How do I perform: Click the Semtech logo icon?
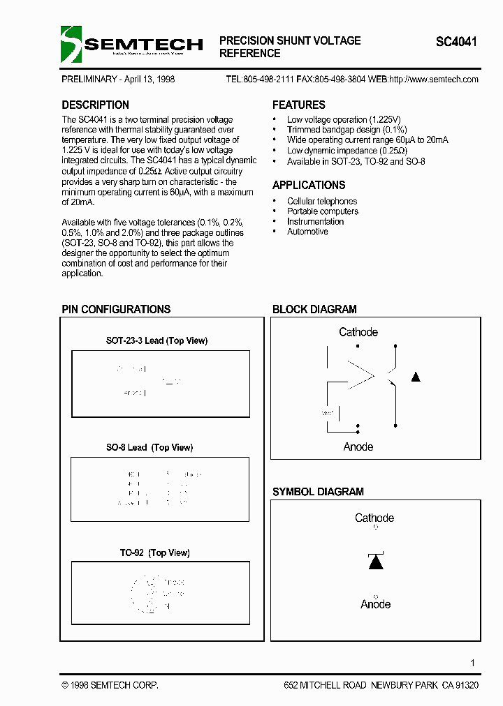[71, 44]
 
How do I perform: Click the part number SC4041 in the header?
[456, 42]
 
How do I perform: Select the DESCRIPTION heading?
[95, 105]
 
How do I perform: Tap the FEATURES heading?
[298, 105]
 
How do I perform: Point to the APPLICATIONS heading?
[308, 186]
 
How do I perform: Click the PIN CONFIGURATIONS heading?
[116, 309]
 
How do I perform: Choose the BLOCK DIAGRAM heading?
[314, 309]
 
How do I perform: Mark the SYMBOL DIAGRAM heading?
[318, 492]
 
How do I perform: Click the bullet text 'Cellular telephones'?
[322, 202]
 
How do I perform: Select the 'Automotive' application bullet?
[307, 232]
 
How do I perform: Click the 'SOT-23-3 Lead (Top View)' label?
[156, 340]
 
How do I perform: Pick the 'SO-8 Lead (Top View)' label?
[150, 447]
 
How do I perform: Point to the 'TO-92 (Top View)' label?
[154, 553]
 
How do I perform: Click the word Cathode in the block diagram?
[358, 332]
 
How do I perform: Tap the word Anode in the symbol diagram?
[375, 605]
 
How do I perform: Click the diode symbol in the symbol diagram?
[375, 561]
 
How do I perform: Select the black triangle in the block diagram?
[416, 377]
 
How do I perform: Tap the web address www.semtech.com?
[444, 79]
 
